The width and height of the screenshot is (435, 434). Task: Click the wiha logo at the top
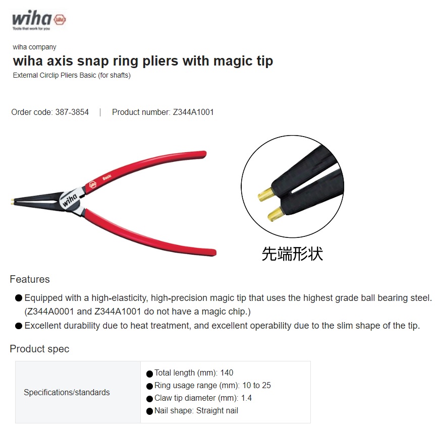click(x=39, y=20)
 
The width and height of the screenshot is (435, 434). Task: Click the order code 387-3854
click(x=72, y=112)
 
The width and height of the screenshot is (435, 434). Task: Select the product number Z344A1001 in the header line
click(x=193, y=112)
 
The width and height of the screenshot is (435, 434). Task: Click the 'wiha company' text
click(x=34, y=47)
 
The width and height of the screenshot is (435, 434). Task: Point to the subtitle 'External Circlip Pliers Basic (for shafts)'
click(x=72, y=76)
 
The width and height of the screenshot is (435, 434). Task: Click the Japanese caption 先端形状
click(x=292, y=253)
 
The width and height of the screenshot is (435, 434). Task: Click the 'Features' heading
click(x=30, y=279)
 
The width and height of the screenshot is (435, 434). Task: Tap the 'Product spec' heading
click(x=39, y=349)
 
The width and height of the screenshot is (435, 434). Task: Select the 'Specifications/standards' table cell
click(x=67, y=392)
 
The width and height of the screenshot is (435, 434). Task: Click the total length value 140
click(x=227, y=373)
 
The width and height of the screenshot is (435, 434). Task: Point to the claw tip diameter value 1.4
click(x=246, y=398)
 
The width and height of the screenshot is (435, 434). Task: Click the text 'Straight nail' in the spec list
click(x=218, y=411)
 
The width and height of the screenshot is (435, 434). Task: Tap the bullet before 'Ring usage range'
click(x=149, y=386)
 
